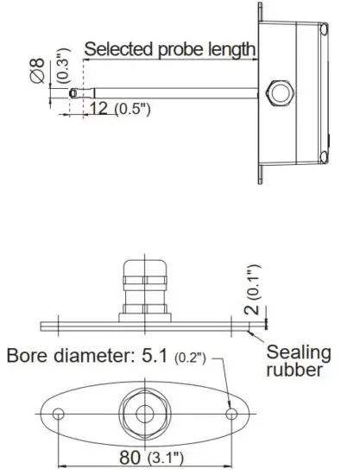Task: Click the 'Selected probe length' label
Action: (x=169, y=49)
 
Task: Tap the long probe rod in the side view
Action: (x=173, y=90)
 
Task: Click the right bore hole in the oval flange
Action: (x=231, y=414)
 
